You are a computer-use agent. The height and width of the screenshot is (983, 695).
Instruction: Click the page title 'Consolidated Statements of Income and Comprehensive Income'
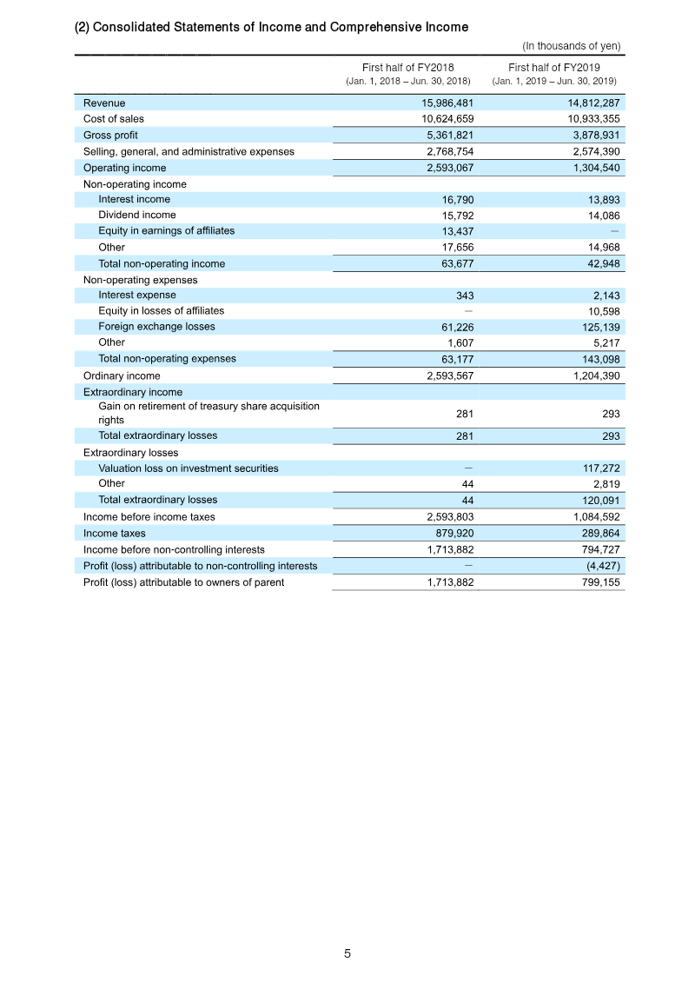click(x=272, y=27)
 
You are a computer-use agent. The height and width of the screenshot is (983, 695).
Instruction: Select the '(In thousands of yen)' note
click(x=571, y=46)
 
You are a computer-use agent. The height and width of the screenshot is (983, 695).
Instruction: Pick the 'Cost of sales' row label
click(x=114, y=119)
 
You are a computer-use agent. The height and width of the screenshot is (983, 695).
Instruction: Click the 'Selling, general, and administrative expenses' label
click(x=189, y=151)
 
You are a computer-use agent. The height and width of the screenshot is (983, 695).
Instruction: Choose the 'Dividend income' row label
click(x=136, y=215)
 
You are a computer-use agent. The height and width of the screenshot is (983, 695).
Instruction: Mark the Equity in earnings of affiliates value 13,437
click(x=454, y=231)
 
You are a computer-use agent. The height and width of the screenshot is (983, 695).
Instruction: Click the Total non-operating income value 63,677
click(x=454, y=263)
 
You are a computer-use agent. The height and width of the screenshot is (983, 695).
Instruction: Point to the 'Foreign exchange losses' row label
click(x=156, y=327)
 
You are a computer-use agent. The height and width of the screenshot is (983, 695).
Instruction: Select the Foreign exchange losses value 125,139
click(x=595, y=327)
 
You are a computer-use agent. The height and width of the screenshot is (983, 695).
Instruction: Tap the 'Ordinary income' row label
click(x=122, y=375)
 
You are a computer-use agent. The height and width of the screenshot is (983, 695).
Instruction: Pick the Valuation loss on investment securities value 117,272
click(x=595, y=468)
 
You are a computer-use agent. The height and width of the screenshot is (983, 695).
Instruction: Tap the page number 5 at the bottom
click(x=347, y=953)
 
